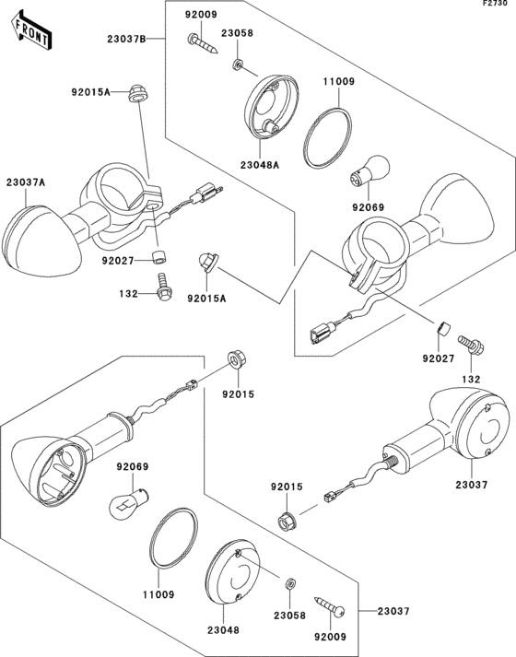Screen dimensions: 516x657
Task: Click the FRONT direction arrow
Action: pyautogui.click(x=31, y=31)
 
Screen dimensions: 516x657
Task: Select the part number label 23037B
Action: pyautogui.click(x=126, y=39)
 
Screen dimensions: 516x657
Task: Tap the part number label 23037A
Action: pyautogui.click(x=26, y=182)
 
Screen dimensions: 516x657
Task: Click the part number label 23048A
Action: pyautogui.click(x=260, y=165)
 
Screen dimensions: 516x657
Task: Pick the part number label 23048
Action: pyautogui.click(x=223, y=629)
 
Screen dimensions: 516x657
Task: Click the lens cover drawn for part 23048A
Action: pyautogui.click(x=271, y=106)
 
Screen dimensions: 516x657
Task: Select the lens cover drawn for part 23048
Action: pyautogui.click(x=233, y=571)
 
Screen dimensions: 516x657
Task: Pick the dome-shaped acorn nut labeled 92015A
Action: pyautogui.click(x=206, y=263)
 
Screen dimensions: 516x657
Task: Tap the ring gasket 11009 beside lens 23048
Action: pyautogui.click(x=173, y=538)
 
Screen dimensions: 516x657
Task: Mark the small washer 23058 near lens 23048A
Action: pyautogui.click(x=238, y=65)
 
